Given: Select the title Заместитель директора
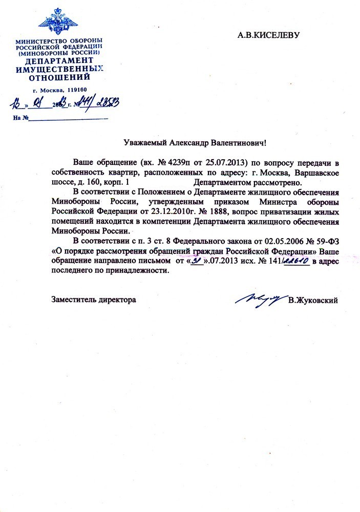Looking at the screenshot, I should coord(94,299).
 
